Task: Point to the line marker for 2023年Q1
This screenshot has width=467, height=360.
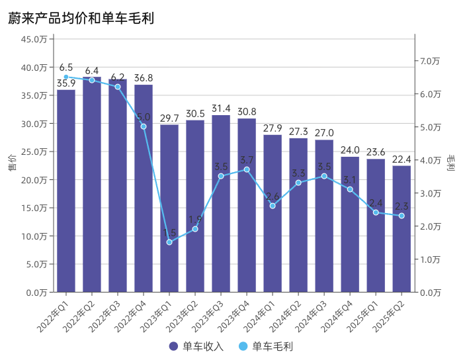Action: pyautogui.click(x=169, y=242)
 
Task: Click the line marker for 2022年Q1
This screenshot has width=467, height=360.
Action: pyautogui.click(x=66, y=77)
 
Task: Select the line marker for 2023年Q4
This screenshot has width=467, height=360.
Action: pyautogui.click(x=247, y=169)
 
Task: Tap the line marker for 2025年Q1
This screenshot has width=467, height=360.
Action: pyautogui.click(x=376, y=212)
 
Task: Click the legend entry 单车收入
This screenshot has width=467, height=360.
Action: pyautogui.click(x=197, y=346)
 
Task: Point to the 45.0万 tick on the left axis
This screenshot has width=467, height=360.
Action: pyautogui.click(x=34, y=39)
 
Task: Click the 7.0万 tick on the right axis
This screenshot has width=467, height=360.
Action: pyautogui.click(x=430, y=61)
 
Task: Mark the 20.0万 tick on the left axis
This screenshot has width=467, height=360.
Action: pyautogui.click(x=34, y=180)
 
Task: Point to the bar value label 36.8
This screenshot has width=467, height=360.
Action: pyautogui.click(x=144, y=78)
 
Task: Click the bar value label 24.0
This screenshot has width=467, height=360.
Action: pyautogui.click(x=350, y=150)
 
